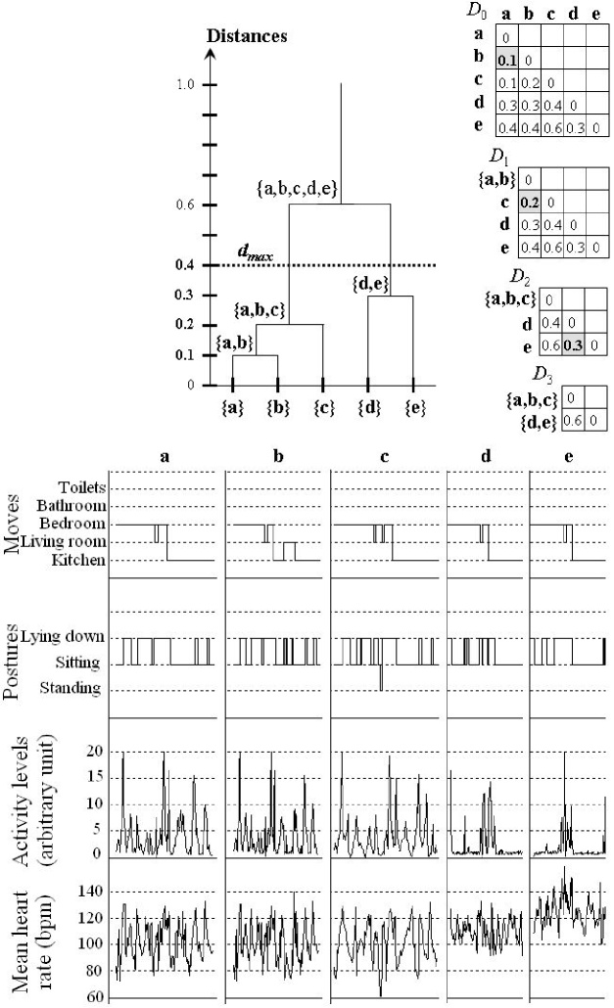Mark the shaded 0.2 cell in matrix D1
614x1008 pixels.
pyautogui.click(x=530, y=204)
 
